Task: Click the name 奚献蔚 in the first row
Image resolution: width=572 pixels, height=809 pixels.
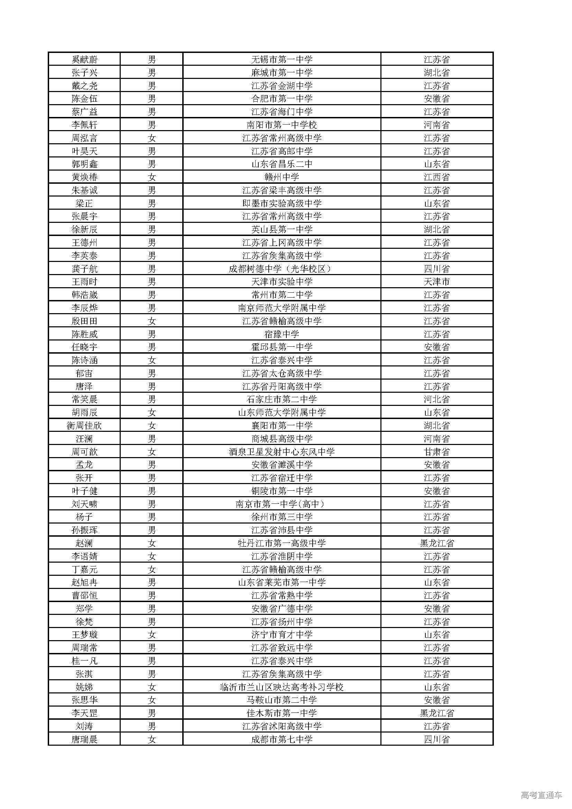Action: point(84,60)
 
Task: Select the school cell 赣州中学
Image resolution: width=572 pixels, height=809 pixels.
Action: point(282,177)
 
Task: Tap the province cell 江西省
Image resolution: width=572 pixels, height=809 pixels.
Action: point(436,177)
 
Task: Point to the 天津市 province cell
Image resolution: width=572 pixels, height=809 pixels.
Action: point(436,282)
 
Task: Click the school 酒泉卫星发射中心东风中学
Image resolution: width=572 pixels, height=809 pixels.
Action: point(282,452)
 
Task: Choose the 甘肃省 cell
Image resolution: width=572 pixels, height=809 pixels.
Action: point(436,452)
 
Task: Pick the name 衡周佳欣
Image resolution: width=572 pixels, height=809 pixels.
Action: point(84,426)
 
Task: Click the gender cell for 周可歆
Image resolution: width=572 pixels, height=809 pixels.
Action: point(151,452)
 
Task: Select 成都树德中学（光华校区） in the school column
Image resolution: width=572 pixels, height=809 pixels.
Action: point(282,269)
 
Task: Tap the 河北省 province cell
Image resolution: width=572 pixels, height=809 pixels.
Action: point(436,400)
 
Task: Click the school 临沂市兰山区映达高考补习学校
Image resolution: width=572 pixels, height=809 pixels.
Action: point(282,687)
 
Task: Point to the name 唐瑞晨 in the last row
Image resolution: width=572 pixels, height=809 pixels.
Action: point(84,739)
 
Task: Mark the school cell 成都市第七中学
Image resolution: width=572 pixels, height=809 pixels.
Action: point(282,739)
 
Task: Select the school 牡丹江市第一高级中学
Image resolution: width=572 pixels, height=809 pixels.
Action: point(282,543)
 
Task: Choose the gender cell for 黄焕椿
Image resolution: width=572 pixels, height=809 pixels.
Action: point(151,177)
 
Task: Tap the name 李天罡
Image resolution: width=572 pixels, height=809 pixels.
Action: point(84,713)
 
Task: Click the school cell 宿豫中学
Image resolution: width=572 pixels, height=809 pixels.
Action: point(282,334)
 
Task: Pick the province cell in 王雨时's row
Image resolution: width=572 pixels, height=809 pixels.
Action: point(436,282)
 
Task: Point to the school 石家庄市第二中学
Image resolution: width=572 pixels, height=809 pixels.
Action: point(282,400)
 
